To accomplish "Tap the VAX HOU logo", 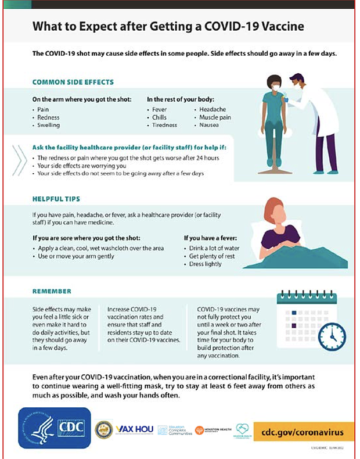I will point(135,429).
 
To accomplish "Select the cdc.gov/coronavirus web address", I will point(303,432).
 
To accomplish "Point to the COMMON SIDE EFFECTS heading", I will point(73,82).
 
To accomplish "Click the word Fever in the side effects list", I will point(159,109).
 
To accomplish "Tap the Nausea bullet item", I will point(210,125).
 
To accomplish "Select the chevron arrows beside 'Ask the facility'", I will point(19,158).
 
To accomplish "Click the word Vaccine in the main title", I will point(282,27).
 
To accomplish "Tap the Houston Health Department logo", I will point(212,430).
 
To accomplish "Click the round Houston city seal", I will point(103,429).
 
